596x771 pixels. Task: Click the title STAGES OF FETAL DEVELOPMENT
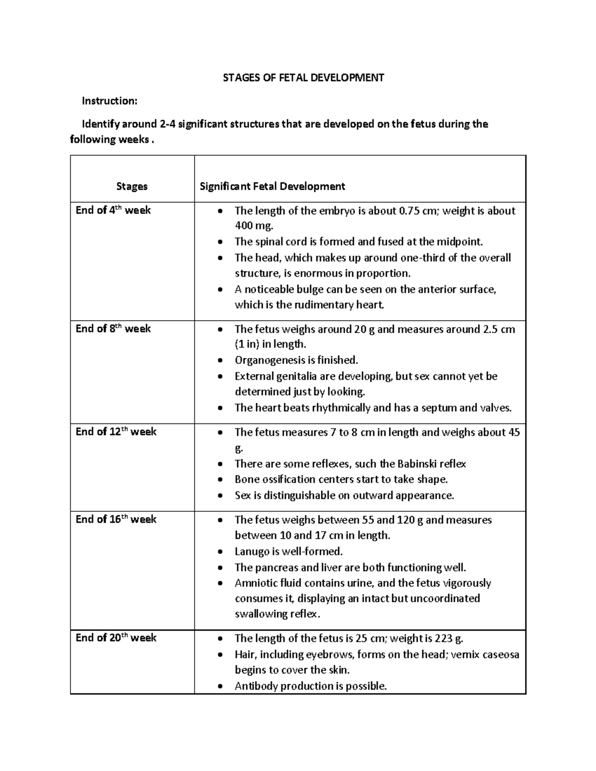(x=303, y=77)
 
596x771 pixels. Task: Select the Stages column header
(x=132, y=186)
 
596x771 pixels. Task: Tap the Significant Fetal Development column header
(x=272, y=186)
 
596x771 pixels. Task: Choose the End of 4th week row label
(x=113, y=210)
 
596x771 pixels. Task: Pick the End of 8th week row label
(x=113, y=329)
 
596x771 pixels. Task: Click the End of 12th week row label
(x=116, y=432)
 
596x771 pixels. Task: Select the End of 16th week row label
(x=116, y=519)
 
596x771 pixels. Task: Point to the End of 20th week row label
(x=116, y=637)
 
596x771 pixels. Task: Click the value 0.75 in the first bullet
(x=409, y=210)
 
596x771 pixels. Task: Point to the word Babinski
(x=417, y=464)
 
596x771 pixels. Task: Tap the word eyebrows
(x=329, y=654)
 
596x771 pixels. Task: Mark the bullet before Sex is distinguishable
(x=221, y=495)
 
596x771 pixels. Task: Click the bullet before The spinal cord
(x=221, y=242)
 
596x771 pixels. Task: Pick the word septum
(x=439, y=408)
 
